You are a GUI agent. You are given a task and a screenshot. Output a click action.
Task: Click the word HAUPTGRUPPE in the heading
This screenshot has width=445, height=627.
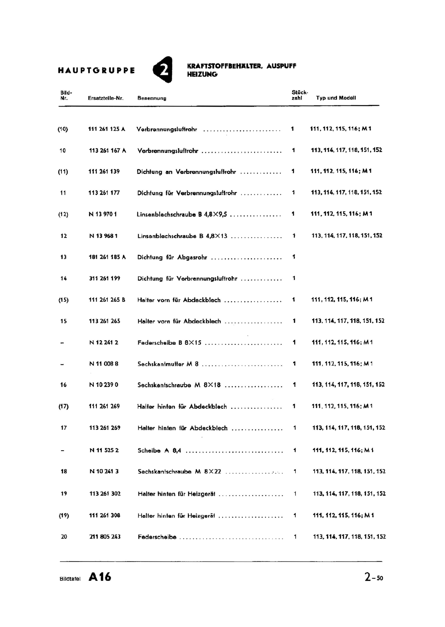96,71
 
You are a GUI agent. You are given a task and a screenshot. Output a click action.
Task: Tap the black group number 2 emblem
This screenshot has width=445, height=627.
163,69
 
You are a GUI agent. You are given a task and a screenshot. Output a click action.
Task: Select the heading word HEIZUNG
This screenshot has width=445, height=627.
202,74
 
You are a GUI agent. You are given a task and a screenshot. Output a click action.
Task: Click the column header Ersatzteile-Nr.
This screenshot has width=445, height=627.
106,98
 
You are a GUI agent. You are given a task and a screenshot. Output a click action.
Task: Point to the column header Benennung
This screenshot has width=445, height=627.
152,98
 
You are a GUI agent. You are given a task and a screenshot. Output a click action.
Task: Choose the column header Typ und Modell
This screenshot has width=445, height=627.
336,98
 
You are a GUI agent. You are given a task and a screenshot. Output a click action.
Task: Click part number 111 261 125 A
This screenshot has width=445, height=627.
107,129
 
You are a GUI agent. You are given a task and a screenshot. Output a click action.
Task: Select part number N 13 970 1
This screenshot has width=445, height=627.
103,214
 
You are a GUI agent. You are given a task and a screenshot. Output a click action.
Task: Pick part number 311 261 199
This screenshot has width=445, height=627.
105,279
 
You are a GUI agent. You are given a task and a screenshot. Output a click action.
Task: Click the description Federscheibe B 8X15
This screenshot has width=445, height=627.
169,342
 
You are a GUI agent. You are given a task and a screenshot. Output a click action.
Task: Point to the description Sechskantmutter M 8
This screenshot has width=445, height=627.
168,364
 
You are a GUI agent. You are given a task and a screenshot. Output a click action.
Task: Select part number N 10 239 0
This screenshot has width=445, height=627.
104,385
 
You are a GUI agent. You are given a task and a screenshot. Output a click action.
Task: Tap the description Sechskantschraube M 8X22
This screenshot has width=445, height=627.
179,472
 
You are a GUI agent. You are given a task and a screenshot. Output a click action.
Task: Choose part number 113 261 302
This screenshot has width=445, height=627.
105,494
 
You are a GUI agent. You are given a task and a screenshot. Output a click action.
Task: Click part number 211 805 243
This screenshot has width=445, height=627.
105,537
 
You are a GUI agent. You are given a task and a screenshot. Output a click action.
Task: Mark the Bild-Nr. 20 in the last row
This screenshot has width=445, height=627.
64,537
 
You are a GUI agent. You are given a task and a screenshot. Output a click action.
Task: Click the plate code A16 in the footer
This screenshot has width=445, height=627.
100,577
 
